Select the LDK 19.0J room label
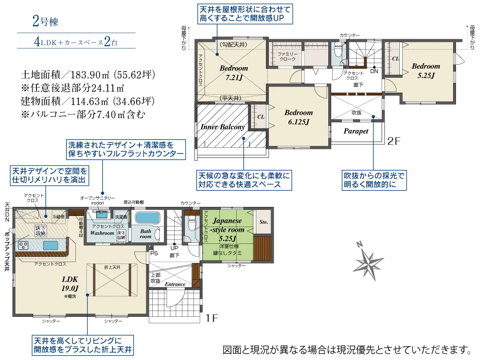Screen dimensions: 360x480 coord(70,283)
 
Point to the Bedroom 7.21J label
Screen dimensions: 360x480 coord(234,72)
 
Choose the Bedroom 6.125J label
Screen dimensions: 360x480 coord(298,117)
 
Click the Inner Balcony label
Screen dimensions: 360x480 coord(223,127)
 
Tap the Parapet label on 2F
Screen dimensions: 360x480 coord(356,131)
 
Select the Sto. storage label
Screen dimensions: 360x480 coord(263,222)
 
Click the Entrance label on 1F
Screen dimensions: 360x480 coord(175,284)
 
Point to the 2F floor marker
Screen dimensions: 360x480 coord(394,141)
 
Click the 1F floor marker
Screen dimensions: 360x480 coord(212,317)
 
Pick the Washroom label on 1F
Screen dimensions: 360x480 coord(102,233)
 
